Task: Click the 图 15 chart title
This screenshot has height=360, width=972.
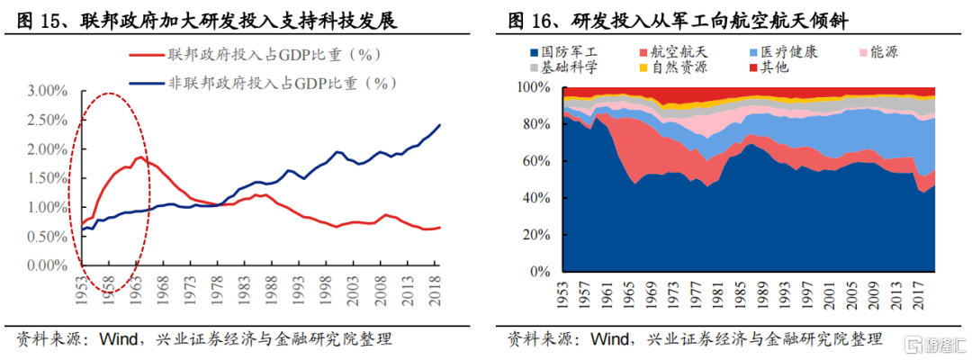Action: pyautogui.click(x=207, y=21)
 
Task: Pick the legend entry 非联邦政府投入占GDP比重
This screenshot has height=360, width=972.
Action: pyautogui.click(x=283, y=84)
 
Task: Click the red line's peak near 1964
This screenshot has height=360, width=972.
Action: pyautogui.click(x=139, y=158)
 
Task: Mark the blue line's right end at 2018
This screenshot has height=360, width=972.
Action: pyautogui.click(x=440, y=125)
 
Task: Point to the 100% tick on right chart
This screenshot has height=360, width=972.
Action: pyautogui.click(x=537, y=88)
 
